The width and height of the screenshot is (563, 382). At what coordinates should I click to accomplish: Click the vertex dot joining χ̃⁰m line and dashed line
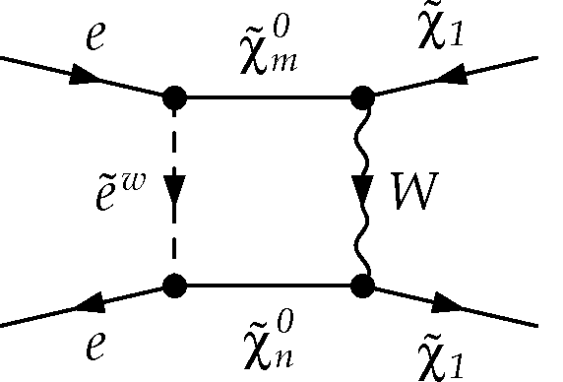(x=174, y=97)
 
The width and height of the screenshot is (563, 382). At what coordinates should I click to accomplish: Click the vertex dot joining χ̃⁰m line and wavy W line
(x=362, y=97)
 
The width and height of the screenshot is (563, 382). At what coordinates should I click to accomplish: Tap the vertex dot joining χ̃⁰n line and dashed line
(x=174, y=286)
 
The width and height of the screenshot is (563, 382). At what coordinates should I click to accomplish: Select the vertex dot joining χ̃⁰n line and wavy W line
(x=362, y=286)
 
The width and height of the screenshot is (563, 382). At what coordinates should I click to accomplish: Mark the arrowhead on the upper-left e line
(x=87, y=77)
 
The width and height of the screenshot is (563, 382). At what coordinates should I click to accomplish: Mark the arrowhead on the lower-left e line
(x=87, y=307)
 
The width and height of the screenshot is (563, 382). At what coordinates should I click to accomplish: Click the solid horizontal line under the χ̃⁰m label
(x=268, y=97)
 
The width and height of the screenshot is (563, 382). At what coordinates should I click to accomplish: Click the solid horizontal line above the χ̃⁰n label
(x=268, y=286)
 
